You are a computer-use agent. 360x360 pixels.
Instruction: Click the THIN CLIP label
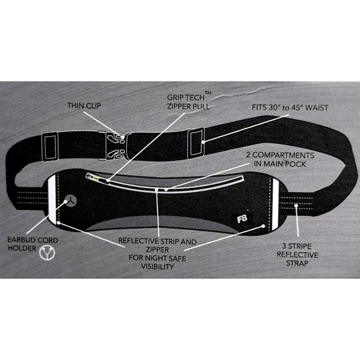pos(84,106)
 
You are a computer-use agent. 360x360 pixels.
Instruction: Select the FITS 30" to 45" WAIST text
pos(290,107)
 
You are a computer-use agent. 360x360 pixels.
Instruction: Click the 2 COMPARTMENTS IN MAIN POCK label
pos(280,160)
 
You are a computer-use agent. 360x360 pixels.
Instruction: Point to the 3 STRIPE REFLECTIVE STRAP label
pos(297,254)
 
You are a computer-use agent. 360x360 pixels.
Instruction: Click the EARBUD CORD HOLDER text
pos(33,244)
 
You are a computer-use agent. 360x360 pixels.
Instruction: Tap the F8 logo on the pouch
pos(242,219)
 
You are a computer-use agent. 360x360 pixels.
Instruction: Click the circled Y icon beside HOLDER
pos(47,253)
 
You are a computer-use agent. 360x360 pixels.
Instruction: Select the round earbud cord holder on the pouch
pos(70,200)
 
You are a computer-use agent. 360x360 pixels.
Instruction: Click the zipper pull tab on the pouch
pos(92,178)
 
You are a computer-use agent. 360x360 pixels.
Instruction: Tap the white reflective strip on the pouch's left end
pos(52,199)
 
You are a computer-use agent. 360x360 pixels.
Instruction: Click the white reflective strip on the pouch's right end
pos(275,204)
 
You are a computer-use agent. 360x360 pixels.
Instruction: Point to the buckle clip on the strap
pos(116,145)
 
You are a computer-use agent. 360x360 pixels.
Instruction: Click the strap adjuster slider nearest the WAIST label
pos(196,143)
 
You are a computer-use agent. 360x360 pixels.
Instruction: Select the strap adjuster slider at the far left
pos(50,147)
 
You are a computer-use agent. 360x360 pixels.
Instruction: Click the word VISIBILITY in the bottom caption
pos(157,266)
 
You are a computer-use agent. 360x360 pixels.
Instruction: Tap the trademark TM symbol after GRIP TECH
pos(207,92)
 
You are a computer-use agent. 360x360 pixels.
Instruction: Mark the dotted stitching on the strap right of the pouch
pos(296,203)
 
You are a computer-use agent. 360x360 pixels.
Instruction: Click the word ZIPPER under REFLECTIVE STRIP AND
pos(157,250)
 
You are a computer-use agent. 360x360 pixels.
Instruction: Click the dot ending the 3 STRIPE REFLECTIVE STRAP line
pos(297,205)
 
